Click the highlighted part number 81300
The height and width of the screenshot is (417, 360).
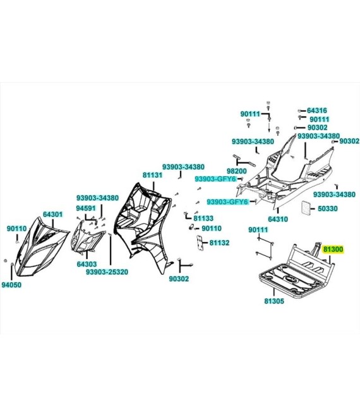pyautogui.click(x=333, y=250)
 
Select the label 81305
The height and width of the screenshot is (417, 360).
pyautogui.click(x=274, y=301)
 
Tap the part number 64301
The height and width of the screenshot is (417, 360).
pyautogui.click(x=53, y=214)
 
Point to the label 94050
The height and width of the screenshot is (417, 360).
pyautogui.click(x=11, y=285)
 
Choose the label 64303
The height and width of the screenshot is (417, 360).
pyautogui.click(x=87, y=264)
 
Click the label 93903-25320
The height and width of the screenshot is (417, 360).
pyautogui.click(x=107, y=272)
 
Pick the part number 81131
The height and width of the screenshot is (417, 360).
pyautogui.click(x=152, y=175)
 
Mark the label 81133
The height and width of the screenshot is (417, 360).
pyautogui.click(x=203, y=219)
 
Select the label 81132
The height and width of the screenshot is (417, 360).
pyautogui.click(x=219, y=243)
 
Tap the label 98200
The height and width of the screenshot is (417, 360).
pyautogui.click(x=237, y=171)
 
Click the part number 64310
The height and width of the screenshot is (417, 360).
pyautogui.click(x=278, y=219)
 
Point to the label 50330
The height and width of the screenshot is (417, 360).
pyautogui.click(x=328, y=208)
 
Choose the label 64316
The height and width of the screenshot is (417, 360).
pyautogui.click(x=317, y=111)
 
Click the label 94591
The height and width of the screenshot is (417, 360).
pyautogui.click(x=86, y=208)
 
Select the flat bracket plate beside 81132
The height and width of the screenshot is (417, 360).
pyautogui.click(x=200, y=243)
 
